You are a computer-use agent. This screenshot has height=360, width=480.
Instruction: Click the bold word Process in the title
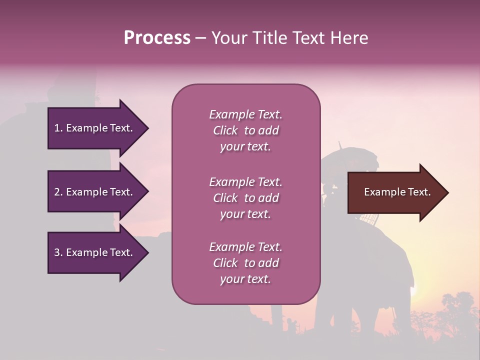coord(157,38)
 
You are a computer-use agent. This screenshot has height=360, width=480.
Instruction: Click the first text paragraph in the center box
coord(245,130)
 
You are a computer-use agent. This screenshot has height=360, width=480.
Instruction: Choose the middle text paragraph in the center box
coord(245,198)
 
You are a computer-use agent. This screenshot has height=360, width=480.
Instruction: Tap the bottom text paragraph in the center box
coord(245,263)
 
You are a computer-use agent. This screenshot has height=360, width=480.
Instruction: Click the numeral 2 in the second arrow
coord(56,192)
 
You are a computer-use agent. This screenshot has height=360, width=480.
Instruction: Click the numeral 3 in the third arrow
coord(56,252)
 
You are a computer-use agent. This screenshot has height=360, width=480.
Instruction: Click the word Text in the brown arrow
coord(419,192)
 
